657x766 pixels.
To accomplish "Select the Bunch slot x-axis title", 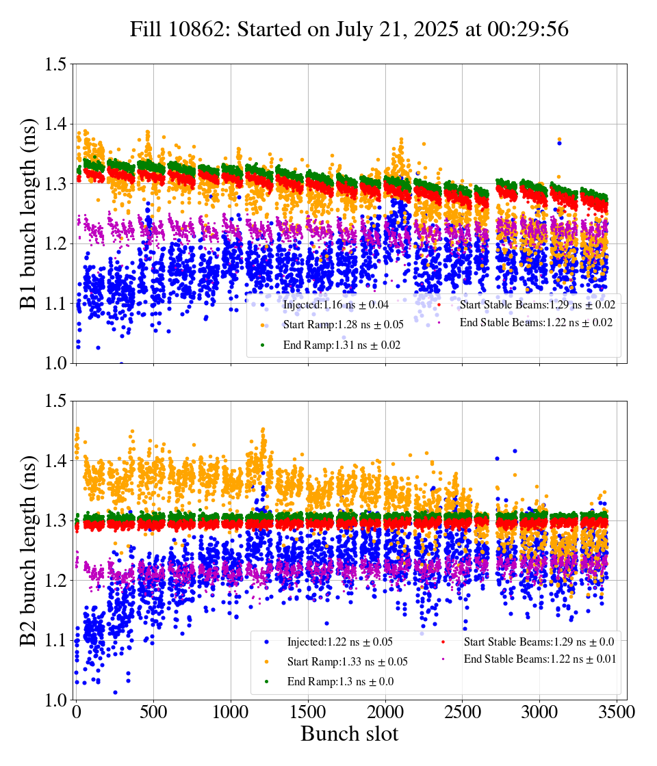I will pyautogui.click(x=349, y=735).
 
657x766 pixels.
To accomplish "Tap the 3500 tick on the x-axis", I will pyautogui.click(x=617, y=713).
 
